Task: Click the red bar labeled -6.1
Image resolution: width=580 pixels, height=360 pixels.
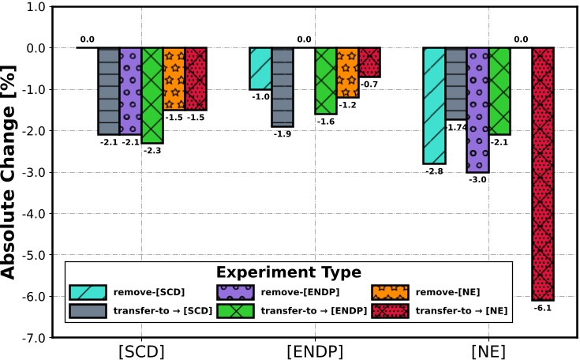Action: pyautogui.click(x=543, y=174)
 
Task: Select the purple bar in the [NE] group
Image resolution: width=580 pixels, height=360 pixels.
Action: pyautogui.click(x=477, y=110)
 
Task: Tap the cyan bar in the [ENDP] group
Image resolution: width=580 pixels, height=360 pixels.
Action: pyautogui.click(x=260, y=69)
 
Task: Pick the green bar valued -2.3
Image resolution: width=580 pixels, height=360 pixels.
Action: pyautogui.click(x=152, y=95)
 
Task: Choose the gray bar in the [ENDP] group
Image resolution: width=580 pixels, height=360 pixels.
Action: pyautogui.click(x=283, y=87)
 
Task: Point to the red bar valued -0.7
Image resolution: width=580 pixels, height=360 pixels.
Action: pyautogui.click(x=369, y=62)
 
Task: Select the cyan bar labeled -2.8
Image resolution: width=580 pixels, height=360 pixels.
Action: pyautogui.click(x=434, y=106)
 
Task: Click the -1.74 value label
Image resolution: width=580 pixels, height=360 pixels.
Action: pyautogui.click(x=456, y=127)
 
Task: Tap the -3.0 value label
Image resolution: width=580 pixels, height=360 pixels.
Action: pyautogui.click(x=477, y=179)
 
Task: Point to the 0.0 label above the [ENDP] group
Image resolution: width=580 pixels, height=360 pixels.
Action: pyautogui.click(x=305, y=39)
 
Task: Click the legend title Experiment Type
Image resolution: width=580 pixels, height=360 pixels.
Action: pyautogui.click(x=289, y=272)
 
